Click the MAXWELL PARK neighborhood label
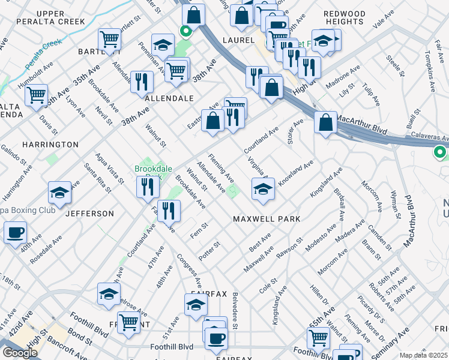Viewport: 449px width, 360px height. point(267,220)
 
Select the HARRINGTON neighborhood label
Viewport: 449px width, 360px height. point(50,145)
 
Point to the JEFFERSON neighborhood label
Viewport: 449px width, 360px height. point(89,214)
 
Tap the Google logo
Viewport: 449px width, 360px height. point(20,352)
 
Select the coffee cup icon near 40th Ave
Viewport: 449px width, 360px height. point(15,232)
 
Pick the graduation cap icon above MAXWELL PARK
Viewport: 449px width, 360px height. point(263,188)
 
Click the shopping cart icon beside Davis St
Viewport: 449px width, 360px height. point(37,95)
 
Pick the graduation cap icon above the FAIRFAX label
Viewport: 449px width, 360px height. point(196,306)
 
